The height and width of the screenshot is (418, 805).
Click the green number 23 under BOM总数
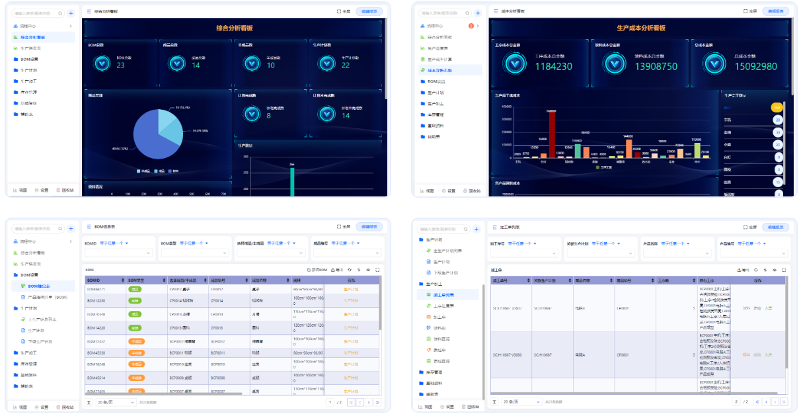120,65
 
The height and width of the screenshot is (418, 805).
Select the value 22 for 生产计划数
345,65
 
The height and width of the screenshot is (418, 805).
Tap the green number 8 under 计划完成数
268,116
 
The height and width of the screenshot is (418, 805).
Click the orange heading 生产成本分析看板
640,28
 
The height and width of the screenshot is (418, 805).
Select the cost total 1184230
553,66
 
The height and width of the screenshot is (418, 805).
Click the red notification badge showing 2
471,26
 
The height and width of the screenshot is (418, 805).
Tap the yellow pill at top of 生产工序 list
777,107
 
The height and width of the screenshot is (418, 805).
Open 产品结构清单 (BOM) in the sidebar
48,297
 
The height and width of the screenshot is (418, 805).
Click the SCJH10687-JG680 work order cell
507,355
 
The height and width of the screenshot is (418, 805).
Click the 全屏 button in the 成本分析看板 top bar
749,11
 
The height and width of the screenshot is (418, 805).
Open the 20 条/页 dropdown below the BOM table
116,401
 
